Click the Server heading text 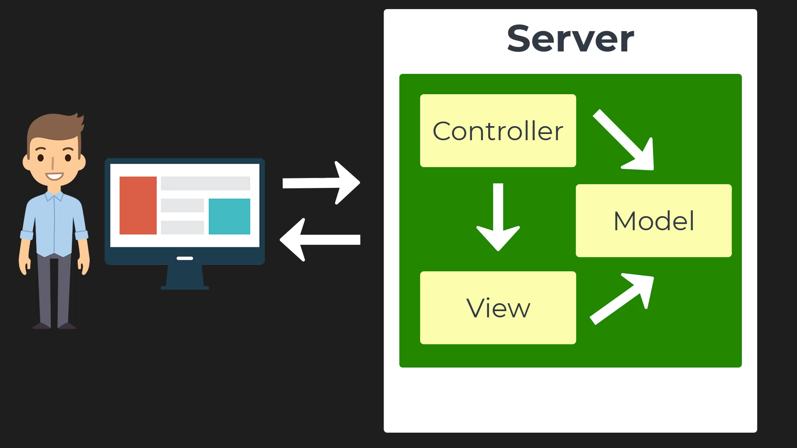tap(570, 39)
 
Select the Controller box tap(498, 131)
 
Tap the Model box tap(653, 220)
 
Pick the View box tap(498, 307)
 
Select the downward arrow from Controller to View tap(498, 218)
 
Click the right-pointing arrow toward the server tap(320, 183)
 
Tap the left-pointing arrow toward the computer tap(320, 239)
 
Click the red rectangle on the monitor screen tap(138, 205)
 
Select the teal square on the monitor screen tap(229, 216)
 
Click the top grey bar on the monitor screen tap(205, 183)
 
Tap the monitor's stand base tap(185, 287)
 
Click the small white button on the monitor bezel tap(185, 258)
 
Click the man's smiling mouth tap(54, 176)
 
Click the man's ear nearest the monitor tap(82, 162)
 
